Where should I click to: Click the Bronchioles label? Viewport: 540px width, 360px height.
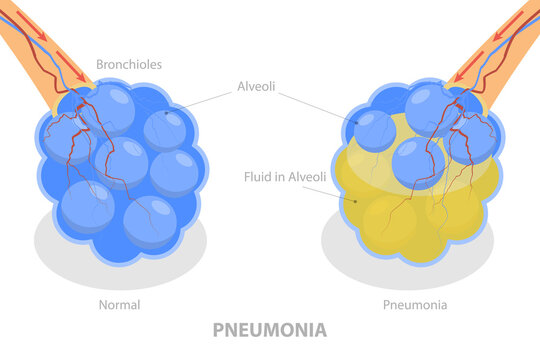point(128,65)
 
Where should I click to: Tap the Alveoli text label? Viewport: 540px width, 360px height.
point(257,86)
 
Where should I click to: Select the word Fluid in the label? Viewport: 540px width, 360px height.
point(258,177)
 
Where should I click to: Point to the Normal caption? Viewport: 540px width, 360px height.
point(120,305)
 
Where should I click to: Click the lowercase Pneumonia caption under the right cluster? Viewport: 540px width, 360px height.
point(414,305)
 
